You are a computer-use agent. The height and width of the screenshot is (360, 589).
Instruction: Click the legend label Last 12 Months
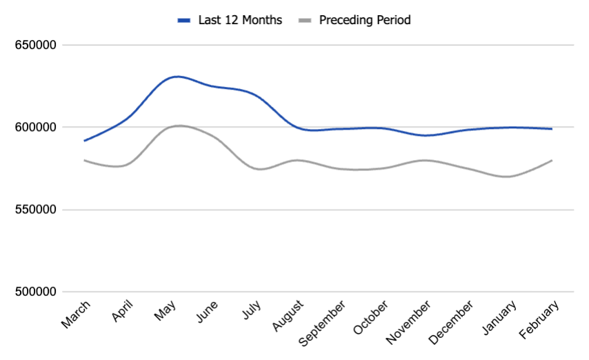[x=239, y=20]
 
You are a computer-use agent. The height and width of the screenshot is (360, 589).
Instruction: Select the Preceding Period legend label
[x=364, y=20]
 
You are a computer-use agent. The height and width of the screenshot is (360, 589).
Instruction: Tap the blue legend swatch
[x=183, y=21]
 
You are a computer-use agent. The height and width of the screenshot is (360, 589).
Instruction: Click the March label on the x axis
[x=76, y=314]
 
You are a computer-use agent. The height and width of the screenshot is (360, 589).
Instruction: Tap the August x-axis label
[x=287, y=316]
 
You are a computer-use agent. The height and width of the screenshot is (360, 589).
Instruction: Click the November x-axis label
[x=409, y=321]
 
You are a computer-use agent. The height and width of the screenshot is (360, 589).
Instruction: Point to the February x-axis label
[x=537, y=319]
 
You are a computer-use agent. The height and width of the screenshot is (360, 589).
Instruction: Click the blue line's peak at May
[x=178, y=77]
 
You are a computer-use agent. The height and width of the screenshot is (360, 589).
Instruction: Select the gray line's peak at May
[x=179, y=126]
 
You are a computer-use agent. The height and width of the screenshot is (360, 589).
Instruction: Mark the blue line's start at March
[x=85, y=141]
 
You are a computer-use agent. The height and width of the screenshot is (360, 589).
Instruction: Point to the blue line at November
[x=428, y=135]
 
